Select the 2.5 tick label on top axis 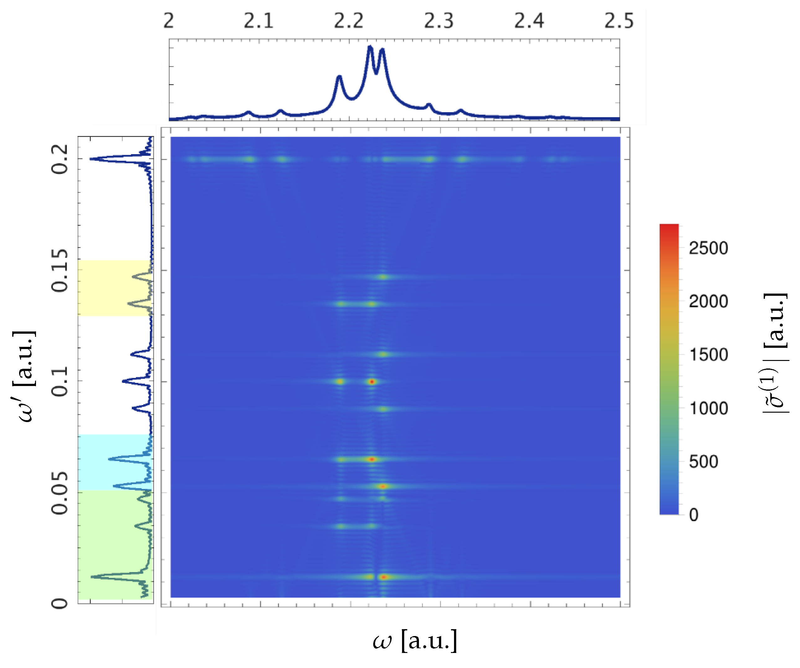click(619, 21)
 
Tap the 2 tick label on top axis click(169, 21)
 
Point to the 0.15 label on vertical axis click(60, 271)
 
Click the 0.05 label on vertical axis click(60, 493)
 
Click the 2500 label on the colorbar click(708, 248)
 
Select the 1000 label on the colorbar click(708, 408)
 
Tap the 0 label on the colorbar click(694, 515)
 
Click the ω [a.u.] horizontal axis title click(415, 640)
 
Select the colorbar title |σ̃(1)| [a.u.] click(776, 353)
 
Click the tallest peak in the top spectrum click(369, 47)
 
